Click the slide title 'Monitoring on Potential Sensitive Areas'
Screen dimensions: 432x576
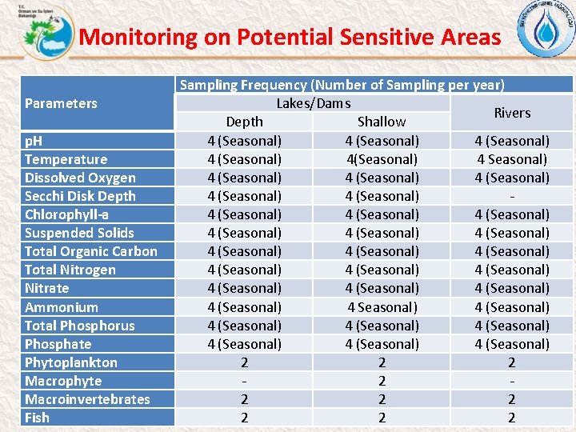pos(290,37)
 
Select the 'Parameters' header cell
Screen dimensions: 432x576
pos(61,103)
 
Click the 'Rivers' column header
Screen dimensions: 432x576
pos(512,113)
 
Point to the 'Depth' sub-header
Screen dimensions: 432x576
pos(244,122)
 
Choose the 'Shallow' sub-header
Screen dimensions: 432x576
pos(382,122)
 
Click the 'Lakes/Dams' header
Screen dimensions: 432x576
pos(314,103)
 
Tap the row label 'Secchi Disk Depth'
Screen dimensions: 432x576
pos(80,196)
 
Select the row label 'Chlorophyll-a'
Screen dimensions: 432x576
pos(66,214)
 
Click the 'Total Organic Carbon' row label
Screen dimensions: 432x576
pos(90,251)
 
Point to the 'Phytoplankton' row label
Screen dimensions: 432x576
pos(70,362)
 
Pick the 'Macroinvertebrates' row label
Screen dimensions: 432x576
pos(87,399)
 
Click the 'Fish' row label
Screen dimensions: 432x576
pos(37,418)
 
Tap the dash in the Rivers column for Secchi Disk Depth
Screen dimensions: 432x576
pos(512,196)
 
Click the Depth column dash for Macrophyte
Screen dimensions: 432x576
pos(244,381)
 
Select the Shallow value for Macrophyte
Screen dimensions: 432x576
pos(382,381)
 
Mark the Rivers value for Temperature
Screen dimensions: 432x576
pos(512,159)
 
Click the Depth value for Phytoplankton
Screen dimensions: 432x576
pos(244,362)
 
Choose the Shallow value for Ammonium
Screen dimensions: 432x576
pos(382,307)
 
